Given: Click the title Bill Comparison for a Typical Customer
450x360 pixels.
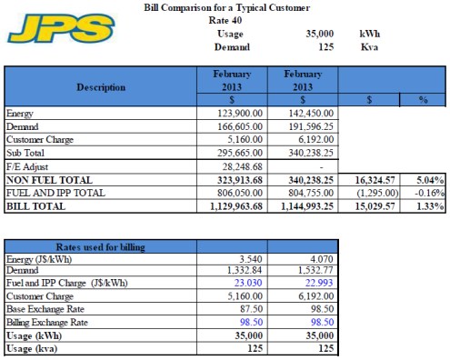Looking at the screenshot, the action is pyautogui.click(x=226, y=8).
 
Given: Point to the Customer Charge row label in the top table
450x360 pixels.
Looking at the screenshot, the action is pyautogui.click(x=37, y=141).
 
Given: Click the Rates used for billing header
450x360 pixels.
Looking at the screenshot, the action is pyautogui.click(x=100, y=247).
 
